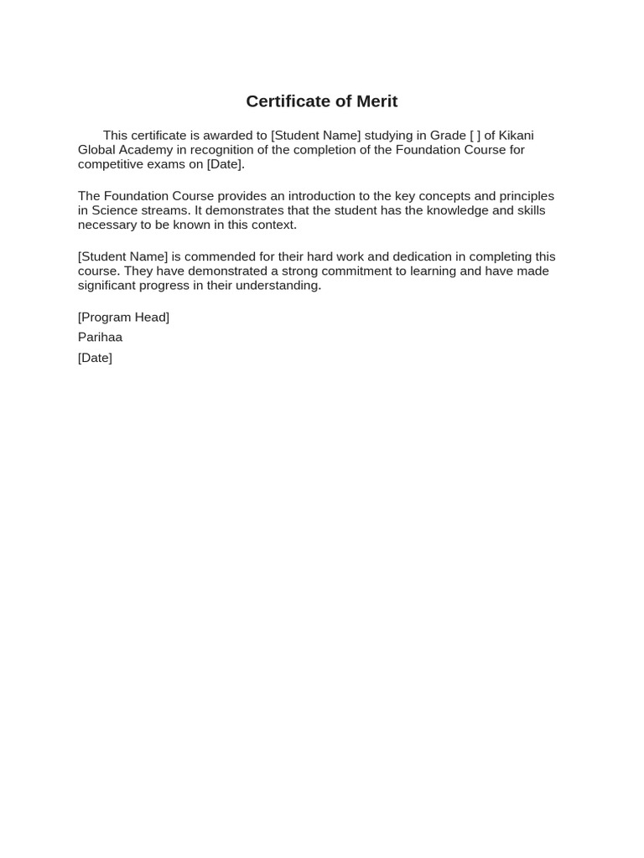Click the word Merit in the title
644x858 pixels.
tap(377, 101)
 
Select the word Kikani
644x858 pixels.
tap(517, 136)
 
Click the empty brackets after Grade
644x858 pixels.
tap(475, 136)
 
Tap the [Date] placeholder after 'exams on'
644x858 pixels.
tap(226, 164)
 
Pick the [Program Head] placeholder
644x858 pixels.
tap(123, 317)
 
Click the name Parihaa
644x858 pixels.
tap(100, 337)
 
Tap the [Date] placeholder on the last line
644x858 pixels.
tap(95, 358)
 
